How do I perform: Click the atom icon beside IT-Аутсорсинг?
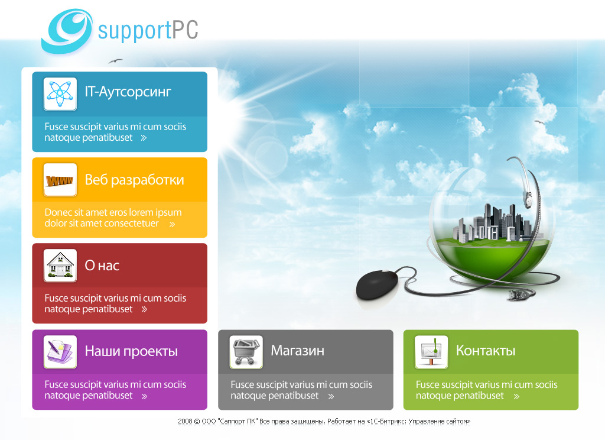click(x=60, y=93)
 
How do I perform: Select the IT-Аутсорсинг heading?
click(x=128, y=92)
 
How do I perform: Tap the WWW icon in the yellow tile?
click(x=60, y=180)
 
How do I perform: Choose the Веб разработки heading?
click(x=134, y=180)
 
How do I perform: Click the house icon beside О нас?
click(x=60, y=266)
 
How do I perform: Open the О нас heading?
click(x=102, y=266)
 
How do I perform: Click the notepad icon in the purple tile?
click(x=60, y=352)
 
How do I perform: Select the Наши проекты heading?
click(x=131, y=351)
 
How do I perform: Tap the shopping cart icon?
click(x=246, y=352)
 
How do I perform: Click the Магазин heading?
click(x=297, y=351)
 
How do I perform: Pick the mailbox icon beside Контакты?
click(x=431, y=352)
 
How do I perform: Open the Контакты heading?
click(x=485, y=351)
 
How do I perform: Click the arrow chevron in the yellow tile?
click(x=172, y=224)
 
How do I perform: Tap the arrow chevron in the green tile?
click(x=516, y=396)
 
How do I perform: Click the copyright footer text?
click(x=324, y=422)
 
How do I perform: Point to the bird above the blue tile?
click(x=115, y=60)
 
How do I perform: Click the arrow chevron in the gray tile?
click(x=331, y=396)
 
